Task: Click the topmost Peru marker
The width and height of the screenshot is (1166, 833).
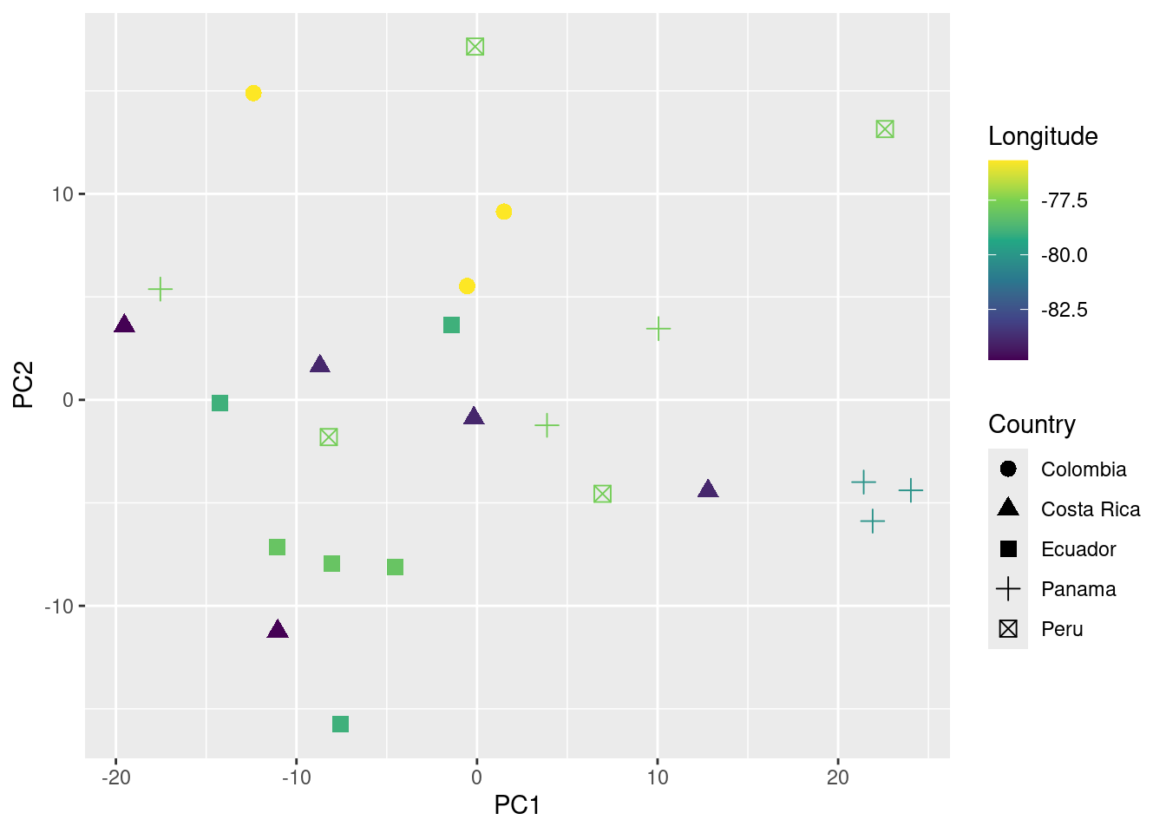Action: coord(475,47)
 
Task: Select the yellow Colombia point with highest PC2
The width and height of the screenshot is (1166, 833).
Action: coord(253,93)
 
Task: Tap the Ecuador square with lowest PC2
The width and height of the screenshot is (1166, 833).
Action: coord(340,724)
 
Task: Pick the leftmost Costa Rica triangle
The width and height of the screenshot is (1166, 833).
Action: coord(125,325)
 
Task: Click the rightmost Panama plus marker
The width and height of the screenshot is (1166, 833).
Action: coord(910,490)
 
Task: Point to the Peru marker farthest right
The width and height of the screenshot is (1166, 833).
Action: coord(885,129)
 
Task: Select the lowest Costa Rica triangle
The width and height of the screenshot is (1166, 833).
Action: coord(278,630)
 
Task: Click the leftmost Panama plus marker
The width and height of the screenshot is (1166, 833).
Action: coord(160,289)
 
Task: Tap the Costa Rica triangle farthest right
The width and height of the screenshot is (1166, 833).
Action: coord(708,489)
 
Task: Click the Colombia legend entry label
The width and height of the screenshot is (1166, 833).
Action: coord(1084,469)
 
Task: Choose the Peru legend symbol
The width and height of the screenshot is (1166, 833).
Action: coord(1008,629)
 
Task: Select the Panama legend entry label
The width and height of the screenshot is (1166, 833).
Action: coord(1078,589)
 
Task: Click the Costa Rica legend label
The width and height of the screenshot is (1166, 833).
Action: coord(1091,509)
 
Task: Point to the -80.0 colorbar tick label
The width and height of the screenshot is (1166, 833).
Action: coord(1064,255)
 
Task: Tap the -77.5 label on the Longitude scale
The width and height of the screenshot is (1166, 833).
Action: coord(1064,200)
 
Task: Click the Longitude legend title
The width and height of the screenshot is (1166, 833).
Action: coord(1043,136)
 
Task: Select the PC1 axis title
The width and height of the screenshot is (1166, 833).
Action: coord(517,805)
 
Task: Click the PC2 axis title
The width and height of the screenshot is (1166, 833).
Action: coord(23,384)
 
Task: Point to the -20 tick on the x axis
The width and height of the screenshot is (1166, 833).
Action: coord(116,777)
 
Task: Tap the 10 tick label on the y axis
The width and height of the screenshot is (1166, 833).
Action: coord(62,194)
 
